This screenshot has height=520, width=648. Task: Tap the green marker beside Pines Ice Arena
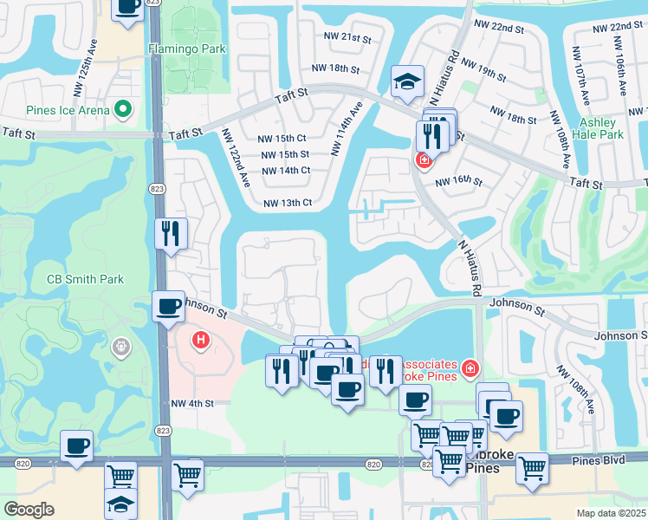(x=123, y=110)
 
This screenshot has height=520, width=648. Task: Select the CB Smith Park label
(x=85, y=279)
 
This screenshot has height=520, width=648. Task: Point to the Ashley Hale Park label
(x=601, y=128)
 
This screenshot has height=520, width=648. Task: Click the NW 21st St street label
(x=347, y=39)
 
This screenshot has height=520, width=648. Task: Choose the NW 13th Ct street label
(x=287, y=203)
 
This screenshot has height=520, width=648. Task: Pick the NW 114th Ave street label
(x=346, y=130)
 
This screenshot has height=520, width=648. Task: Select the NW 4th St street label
(x=191, y=403)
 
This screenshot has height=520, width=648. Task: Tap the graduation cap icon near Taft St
(x=407, y=81)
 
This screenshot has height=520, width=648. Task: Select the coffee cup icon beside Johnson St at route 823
(x=168, y=305)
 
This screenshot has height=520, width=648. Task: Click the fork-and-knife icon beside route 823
(x=171, y=233)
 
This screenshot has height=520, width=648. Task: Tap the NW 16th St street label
(x=457, y=181)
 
